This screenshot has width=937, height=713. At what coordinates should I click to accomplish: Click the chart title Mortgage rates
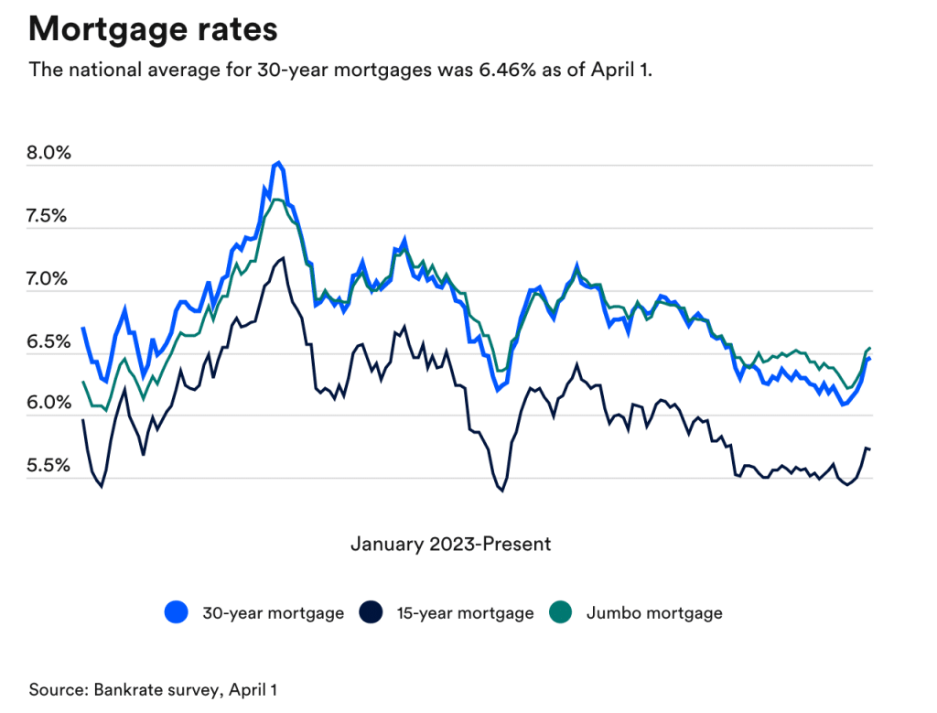coord(153,29)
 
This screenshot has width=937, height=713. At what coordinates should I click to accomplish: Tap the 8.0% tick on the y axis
coord(50,153)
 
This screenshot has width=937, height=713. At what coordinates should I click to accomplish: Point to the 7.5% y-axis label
coord(50,216)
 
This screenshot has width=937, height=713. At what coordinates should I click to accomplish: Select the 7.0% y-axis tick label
coord(50,279)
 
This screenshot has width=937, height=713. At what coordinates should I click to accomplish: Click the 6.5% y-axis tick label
coord(50,342)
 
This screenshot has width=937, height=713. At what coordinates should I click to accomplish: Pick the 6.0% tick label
coord(50,404)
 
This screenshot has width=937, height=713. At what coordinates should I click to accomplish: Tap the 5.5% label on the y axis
coord(50,466)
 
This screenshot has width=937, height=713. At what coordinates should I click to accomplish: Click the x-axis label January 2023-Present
coord(450,545)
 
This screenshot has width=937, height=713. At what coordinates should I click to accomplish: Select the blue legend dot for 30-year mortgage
coord(177,612)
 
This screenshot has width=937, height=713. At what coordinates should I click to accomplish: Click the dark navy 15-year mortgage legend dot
coord(372,612)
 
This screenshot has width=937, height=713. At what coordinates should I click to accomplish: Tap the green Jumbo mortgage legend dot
coord(560,612)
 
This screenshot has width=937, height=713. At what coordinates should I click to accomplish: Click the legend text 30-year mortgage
coord(273,613)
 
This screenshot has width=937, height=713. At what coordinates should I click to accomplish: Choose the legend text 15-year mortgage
coord(465,613)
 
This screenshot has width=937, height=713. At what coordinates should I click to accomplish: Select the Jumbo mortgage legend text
coord(654,613)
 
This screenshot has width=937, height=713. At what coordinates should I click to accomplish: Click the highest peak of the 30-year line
coord(277,163)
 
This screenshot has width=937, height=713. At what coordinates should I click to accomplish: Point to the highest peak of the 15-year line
coord(284,258)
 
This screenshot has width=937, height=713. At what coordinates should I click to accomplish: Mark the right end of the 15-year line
coord(868,448)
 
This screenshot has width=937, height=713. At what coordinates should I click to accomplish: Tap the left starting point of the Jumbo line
coord(83,382)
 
